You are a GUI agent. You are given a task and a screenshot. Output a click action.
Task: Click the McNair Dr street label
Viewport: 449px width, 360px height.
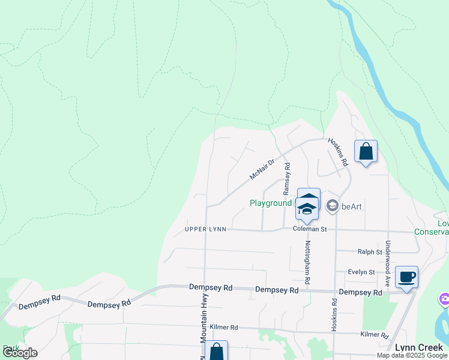[x=262, y=170]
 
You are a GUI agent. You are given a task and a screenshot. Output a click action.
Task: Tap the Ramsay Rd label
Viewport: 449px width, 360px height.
[x=287, y=178]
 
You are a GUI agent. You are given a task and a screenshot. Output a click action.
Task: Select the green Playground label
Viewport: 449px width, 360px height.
[x=271, y=203]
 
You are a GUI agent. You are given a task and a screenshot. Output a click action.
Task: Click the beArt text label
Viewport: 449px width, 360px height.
[x=351, y=206]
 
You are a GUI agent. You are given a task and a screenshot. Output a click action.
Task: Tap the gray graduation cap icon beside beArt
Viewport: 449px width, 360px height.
[x=332, y=206]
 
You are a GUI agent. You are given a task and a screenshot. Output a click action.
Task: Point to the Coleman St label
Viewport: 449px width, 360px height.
[x=309, y=229]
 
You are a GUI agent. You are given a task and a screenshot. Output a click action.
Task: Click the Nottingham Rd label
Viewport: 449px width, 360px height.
[x=307, y=262]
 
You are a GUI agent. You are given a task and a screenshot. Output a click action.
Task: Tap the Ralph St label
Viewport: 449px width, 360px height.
[x=370, y=252]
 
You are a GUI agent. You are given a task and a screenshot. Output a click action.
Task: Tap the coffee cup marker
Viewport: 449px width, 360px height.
[x=406, y=277]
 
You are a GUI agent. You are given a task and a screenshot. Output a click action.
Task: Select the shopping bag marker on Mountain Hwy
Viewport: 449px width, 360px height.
[x=216, y=352]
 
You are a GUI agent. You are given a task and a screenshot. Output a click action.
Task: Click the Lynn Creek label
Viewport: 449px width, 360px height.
[x=419, y=347]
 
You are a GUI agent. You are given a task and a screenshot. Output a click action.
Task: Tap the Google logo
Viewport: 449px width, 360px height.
[x=20, y=353]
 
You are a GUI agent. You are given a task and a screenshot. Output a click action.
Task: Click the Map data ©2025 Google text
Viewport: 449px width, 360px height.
[x=411, y=355]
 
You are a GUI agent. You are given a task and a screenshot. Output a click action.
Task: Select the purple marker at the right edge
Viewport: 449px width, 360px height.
[x=445, y=299]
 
